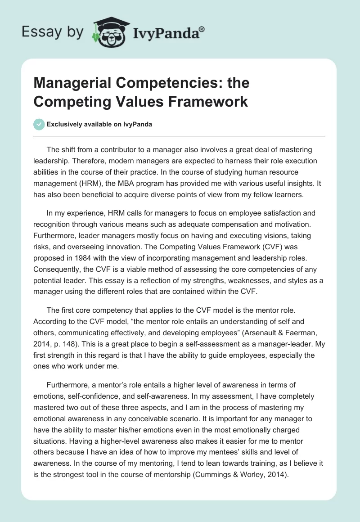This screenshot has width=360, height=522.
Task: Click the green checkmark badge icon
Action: tap(39, 125)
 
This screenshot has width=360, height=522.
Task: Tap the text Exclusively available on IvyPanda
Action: tap(99, 125)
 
